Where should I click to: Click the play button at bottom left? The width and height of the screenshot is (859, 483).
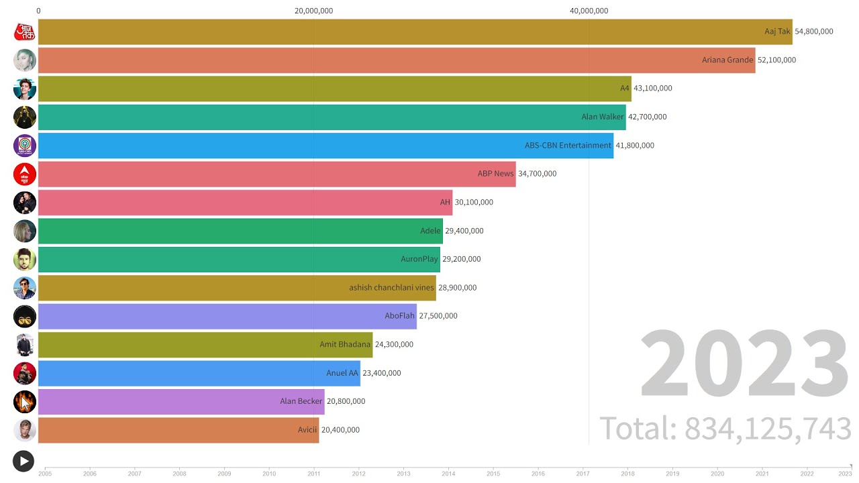(23, 461)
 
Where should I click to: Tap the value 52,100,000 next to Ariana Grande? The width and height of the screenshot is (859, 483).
(776, 60)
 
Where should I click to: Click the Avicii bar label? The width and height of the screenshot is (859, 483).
(309, 430)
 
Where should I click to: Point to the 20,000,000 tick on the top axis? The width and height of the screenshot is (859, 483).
(314, 11)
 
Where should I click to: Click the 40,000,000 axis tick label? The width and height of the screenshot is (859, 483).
(589, 11)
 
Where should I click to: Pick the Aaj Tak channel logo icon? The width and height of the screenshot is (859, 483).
(25, 32)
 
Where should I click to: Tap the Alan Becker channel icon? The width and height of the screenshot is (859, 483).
(25, 402)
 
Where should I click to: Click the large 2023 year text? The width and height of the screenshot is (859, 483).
(745, 366)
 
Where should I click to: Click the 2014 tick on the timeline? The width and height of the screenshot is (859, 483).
(448, 473)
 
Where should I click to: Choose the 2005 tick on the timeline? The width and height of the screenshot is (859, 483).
(45, 473)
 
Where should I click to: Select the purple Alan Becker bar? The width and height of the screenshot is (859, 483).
(181, 402)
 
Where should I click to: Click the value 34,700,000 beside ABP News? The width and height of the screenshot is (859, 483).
(537, 174)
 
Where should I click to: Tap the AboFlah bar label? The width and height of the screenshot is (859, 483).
(399, 316)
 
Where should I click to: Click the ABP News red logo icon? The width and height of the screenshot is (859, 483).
(25, 174)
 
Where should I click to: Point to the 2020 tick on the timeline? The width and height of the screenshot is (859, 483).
(717, 473)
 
